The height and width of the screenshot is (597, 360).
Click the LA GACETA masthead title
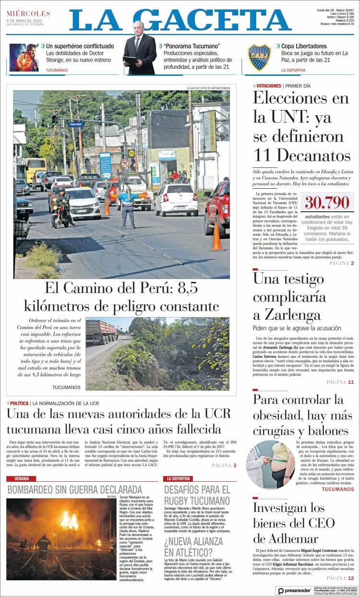click(x=180, y=20)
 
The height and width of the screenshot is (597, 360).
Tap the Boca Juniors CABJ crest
click(x=259, y=57)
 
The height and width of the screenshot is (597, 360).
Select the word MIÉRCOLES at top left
click(x=28, y=13)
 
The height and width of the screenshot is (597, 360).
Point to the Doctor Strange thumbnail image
click(x=24, y=57)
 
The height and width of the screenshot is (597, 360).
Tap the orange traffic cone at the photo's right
click(x=216, y=237)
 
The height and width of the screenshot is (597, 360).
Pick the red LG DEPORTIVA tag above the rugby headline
click(x=179, y=478)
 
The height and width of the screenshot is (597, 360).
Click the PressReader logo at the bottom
click(x=294, y=590)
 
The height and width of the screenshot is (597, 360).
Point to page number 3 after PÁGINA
click(x=235, y=465)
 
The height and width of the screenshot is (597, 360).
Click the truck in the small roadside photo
click(x=101, y=331)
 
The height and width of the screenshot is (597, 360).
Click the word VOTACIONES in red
click(x=268, y=85)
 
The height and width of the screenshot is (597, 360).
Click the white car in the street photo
click(x=176, y=199)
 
